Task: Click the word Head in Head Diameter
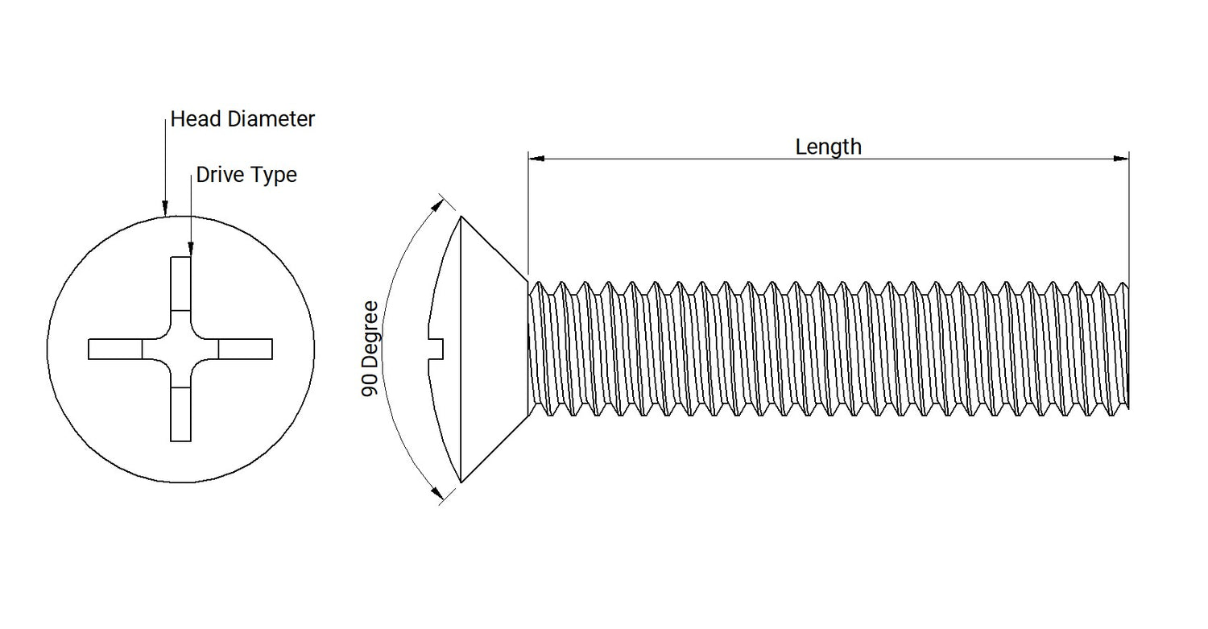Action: click(x=197, y=119)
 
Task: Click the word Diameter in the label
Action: click(x=271, y=119)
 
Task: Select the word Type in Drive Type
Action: click(x=275, y=176)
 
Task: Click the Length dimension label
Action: click(x=828, y=147)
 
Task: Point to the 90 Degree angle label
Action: click(x=370, y=348)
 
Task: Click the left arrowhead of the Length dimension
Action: click(x=536, y=159)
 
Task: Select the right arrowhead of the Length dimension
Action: click(x=1121, y=159)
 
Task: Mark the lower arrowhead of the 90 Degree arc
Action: click(x=437, y=494)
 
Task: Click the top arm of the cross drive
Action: click(x=180, y=283)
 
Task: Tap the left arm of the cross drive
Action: click(x=114, y=349)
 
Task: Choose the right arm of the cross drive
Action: click(x=246, y=349)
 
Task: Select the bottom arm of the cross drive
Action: click(x=180, y=415)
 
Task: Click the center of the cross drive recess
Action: click(x=180, y=349)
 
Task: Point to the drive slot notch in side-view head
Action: click(x=437, y=349)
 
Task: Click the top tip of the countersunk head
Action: click(x=460, y=217)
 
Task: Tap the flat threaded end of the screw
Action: click(x=1127, y=346)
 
